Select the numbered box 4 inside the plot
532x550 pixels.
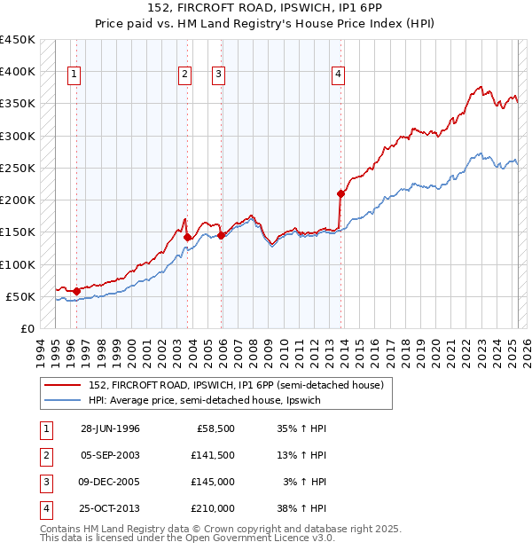pos(339,75)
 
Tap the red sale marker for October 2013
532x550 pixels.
pos(340,193)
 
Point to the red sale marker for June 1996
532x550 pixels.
pos(76,290)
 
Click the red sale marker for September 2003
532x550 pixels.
pos(188,237)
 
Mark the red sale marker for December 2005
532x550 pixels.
pos(222,235)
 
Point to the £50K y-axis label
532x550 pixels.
pos(21,296)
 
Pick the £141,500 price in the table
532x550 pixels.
pos(213,456)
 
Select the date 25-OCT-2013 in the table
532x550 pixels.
pos(110,509)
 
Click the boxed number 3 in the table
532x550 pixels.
pos(45,483)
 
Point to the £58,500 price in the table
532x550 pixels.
pos(215,429)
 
